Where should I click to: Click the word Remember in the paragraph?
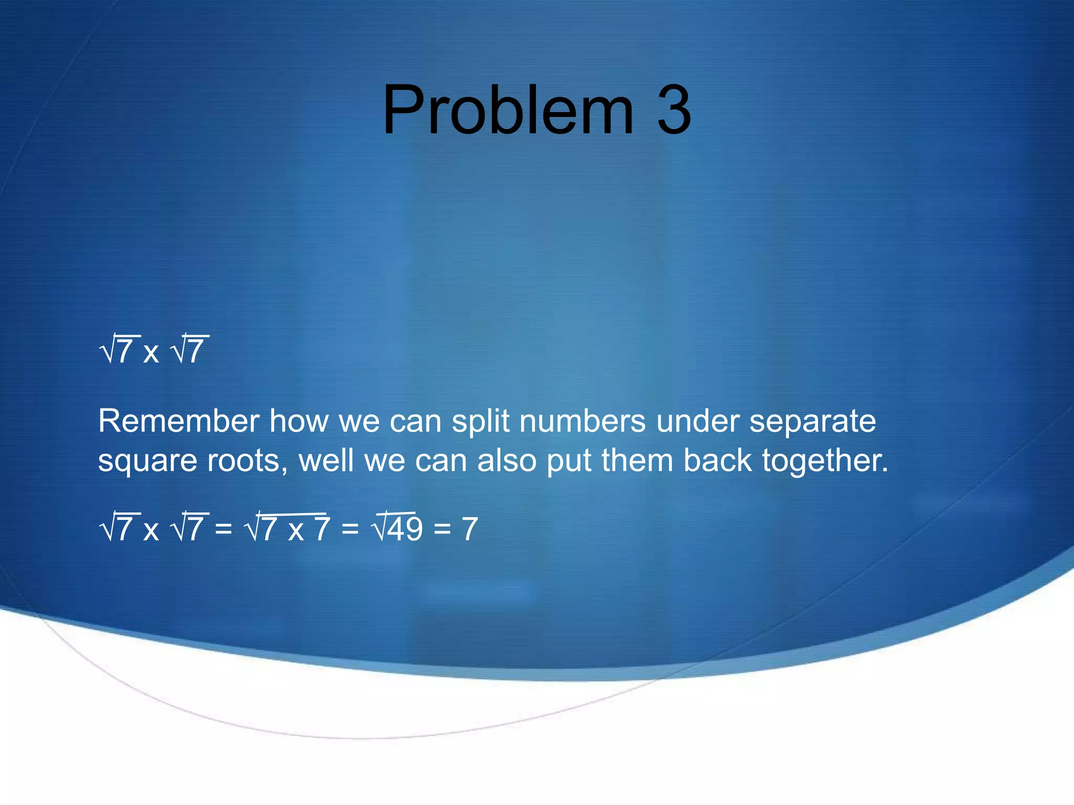pos(178,421)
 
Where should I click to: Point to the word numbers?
pos(582,421)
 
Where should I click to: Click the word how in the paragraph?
pos(298,421)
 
